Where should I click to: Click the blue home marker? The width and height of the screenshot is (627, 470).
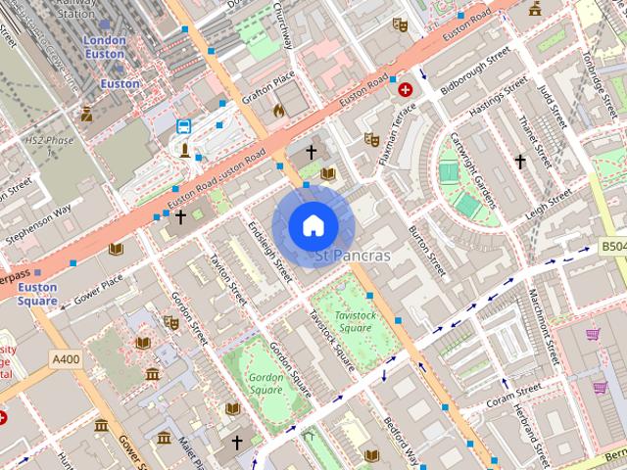tap(313, 225)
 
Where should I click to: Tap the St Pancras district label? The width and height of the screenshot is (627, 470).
tap(353, 257)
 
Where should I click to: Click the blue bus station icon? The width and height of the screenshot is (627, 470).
tap(184, 126)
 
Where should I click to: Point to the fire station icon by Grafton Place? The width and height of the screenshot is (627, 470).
tap(278, 110)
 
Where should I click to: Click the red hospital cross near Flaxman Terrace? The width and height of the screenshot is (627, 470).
tap(406, 89)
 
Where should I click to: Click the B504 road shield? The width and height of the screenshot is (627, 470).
tap(612, 247)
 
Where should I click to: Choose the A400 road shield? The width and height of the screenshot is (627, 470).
tap(66, 359)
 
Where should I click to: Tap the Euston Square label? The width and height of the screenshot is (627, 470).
tap(38, 294)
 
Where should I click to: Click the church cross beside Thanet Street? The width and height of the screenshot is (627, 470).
tap(520, 162)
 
